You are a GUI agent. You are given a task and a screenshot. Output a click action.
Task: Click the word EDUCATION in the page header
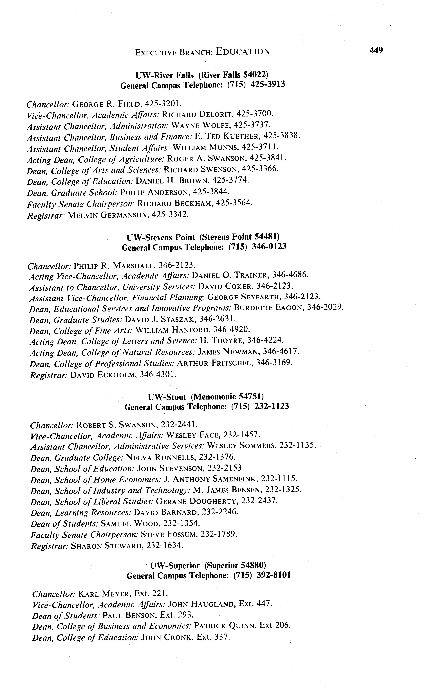point(243,51)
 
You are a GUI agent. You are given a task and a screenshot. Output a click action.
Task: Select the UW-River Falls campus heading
point(202,75)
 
